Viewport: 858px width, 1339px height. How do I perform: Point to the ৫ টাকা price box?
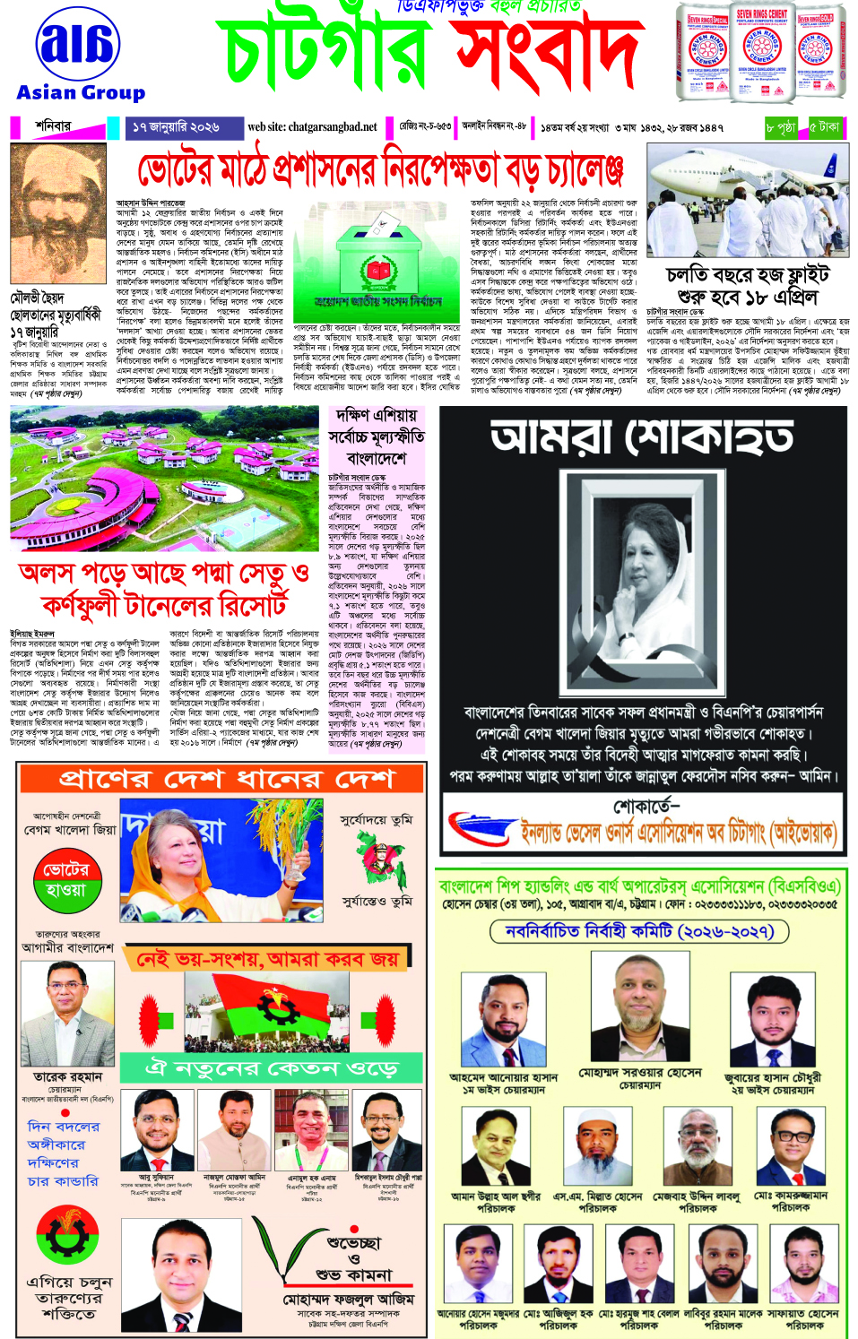[x=825, y=127]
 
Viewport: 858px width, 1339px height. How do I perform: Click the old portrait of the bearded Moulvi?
[x=57, y=214]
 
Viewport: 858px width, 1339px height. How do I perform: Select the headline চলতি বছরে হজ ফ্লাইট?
[x=747, y=274]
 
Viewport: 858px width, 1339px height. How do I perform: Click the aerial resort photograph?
[x=164, y=479]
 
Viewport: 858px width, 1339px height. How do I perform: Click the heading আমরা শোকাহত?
[x=642, y=437]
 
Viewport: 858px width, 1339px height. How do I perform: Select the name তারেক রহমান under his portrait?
[x=67, y=1076]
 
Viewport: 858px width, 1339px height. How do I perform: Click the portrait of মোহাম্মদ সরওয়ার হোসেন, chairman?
[x=639, y=1009]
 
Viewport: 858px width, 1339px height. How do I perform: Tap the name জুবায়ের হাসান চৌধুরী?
[x=772, y=1077]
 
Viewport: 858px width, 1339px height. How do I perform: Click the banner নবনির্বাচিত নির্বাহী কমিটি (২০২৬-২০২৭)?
[x=639, y=931]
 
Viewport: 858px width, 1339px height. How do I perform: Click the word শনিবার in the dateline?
[x=53, y=126]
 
